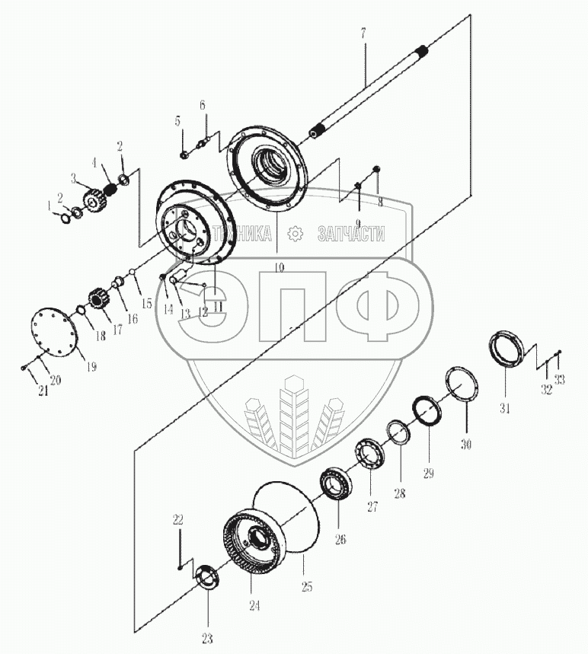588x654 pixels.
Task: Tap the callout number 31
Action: click(x=504, y=408)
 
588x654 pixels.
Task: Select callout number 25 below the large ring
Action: click(x=306, y=586)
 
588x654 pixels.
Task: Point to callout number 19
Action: click(x=91, y=366)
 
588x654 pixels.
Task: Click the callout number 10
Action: click(x=279, y=268)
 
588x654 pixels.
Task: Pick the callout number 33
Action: click(x=560, y=381)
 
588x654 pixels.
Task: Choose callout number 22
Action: click(x=177, y=520)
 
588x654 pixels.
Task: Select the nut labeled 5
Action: click(x=185, y=155)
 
